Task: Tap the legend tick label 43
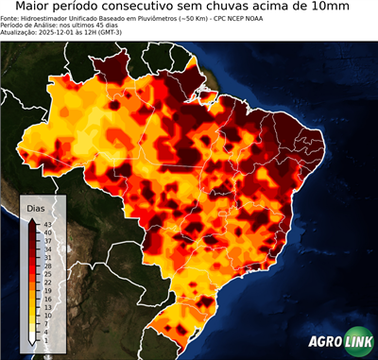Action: (49, 223)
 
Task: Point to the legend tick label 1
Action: (47, 340)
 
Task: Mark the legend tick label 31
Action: (49, 257)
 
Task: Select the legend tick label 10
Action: (49, 315)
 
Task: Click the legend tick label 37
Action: (49, 240)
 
